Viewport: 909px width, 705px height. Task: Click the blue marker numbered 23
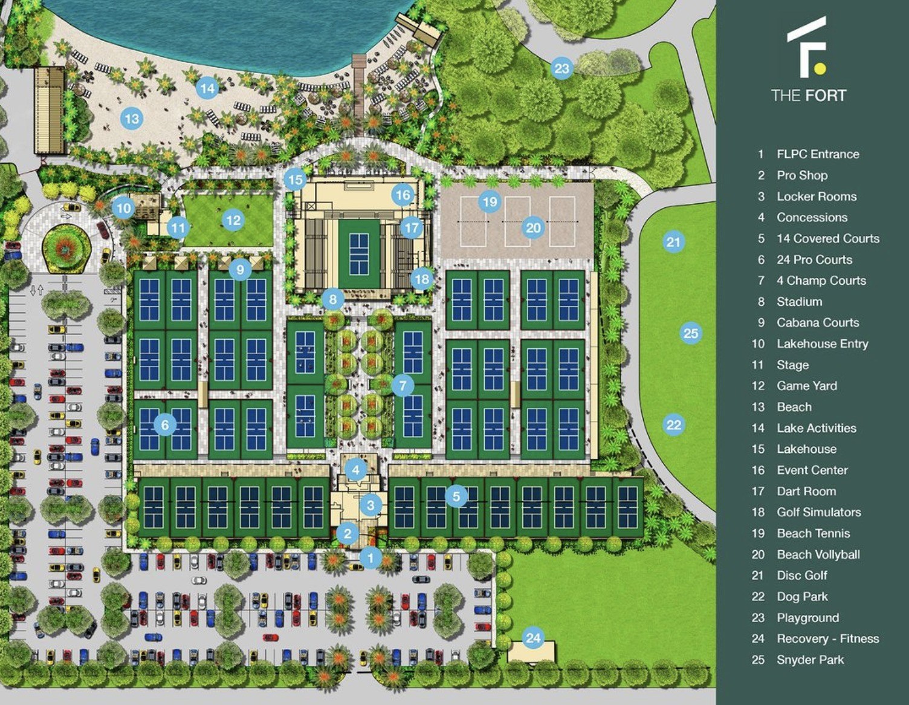pyautogui.click(x=561, y=68)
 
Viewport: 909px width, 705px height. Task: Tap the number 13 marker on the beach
pyautogui.click(x=132, y=119)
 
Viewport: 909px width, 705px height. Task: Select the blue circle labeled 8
pyautogui.click(x=332, y=299)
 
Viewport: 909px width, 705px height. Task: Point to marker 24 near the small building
pyautogui.click(x=532, y=638)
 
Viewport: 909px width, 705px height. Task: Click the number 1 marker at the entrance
pyautogui.click(x=370, y=558)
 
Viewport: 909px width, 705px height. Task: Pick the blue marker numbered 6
pyautogui.click(x=165, y=425)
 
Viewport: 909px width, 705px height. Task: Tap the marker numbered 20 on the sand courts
pyautogui.click(x=533, y=228)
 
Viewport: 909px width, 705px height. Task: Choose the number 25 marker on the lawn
pyautogui.click(x=690, y=333)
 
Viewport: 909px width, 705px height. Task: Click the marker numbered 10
pyautogui.click(x=123, y=209)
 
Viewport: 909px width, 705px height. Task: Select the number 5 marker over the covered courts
pyautogui.click(x=456, y=496)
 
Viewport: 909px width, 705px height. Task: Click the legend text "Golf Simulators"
pyautogui.click(x=818, y=512)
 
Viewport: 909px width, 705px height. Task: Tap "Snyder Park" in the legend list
pyautogui.click(x=810, y=660)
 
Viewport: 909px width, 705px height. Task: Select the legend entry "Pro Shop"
pyautogui.click(x=802, y=175)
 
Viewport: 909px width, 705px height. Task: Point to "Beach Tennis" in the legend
pyautogui.click(x=813, y=533)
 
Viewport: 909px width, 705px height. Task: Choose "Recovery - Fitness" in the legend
pyautogui.click(x=827, y=638)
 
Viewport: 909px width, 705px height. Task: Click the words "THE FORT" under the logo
pyautogui.click(x=808, y=95)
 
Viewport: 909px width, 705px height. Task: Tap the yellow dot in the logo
pyautogui.click(x=819, y=68)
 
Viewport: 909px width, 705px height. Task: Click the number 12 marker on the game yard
pyautogui.click(x=233, y=220)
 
